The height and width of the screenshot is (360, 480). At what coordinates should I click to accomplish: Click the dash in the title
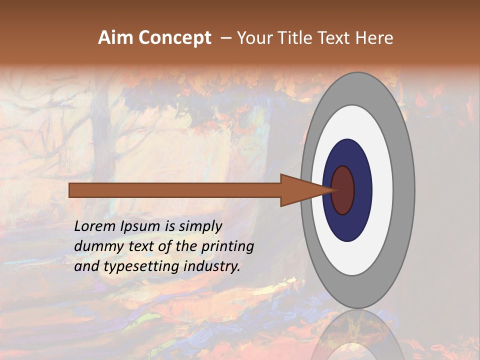pyautogui.click(x=225, y=38)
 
